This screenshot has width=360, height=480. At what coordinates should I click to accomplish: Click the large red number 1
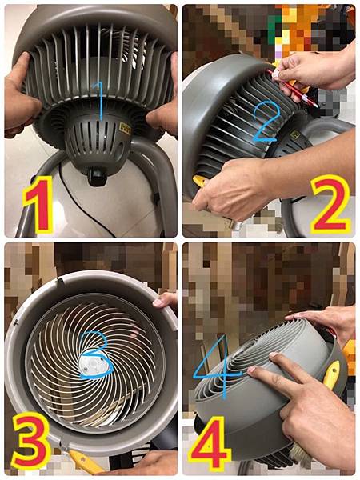39,204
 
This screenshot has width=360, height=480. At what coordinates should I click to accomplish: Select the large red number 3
30,442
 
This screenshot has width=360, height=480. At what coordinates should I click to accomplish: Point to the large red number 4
210,443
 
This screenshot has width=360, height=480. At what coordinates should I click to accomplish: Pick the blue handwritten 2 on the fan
266,122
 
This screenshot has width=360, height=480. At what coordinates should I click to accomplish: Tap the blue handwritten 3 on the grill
95,355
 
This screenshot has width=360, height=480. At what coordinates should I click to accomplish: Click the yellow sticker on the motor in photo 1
126,128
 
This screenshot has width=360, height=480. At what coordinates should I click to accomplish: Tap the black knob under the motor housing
98,177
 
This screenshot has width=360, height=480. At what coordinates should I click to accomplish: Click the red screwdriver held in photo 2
292,88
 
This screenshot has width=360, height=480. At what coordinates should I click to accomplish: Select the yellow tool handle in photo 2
199,181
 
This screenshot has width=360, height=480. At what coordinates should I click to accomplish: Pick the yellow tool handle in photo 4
331,374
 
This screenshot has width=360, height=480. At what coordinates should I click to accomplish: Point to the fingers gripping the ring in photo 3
165,300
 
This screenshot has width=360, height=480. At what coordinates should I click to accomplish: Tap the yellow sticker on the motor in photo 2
295,134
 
